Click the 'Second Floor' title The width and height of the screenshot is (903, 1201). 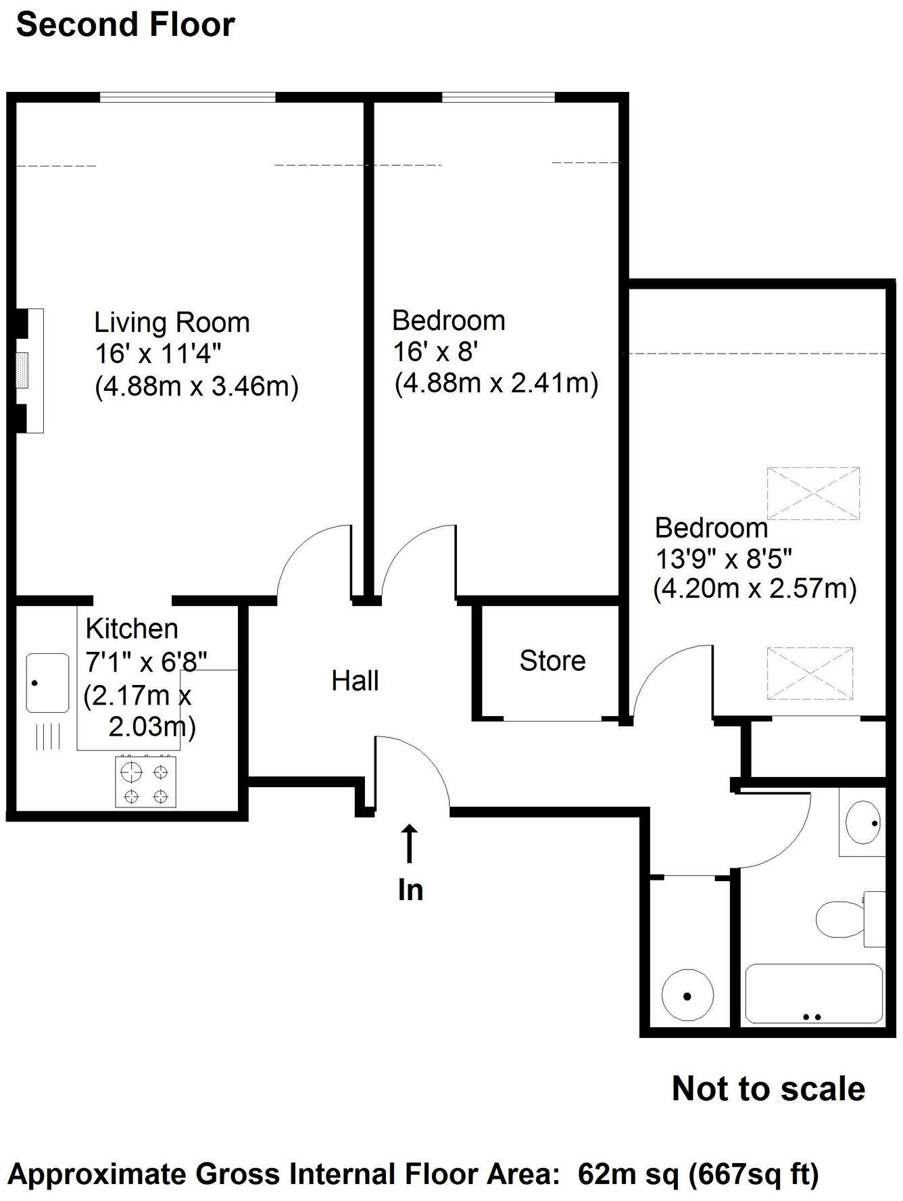coord(126,26)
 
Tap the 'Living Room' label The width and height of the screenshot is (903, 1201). coord(172,323)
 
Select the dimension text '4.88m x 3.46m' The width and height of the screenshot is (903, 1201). coord(197,387)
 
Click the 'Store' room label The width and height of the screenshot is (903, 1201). coord(552,661)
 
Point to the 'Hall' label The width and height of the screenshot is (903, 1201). coord(355,681)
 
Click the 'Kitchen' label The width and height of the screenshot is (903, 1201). coord(132,629)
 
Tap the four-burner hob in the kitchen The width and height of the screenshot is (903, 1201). coord(145,782)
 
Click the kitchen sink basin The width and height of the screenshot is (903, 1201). coord(47,682)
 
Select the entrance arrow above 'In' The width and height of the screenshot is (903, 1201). coord(409,843)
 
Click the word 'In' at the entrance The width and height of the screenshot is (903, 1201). coord(410,890)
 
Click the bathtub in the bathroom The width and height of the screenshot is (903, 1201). coord(813,993)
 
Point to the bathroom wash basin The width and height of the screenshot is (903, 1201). coord(862,823)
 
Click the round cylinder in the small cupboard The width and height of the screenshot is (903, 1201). coord(687,996)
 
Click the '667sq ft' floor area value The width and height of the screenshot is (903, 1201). coord(754,1174)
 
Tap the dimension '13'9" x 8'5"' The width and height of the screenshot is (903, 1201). coord(724,559)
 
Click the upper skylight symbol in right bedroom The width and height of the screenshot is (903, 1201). coord(814,493)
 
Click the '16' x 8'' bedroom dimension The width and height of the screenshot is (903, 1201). coord(436,352)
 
